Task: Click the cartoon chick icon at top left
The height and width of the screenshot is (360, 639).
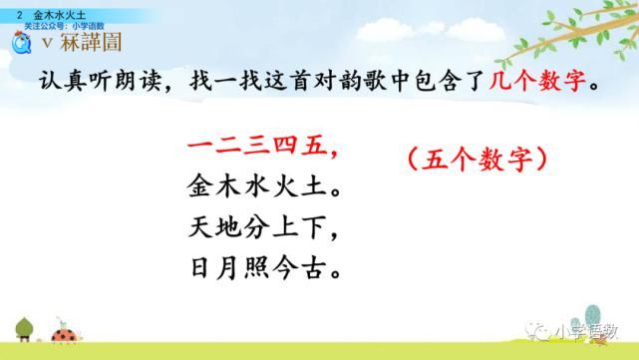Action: [17, 43]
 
